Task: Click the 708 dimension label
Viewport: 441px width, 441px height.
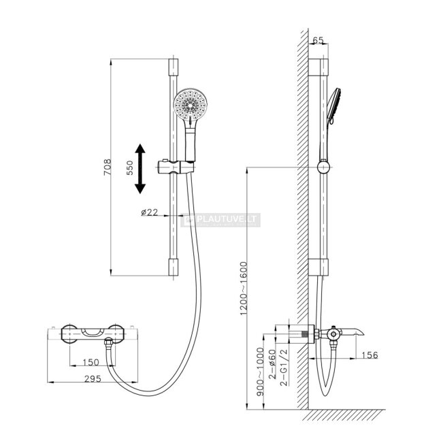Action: [x=108, y=167]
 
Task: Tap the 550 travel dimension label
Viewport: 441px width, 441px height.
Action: [x=130, y=168]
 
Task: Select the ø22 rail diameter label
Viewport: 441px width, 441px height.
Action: [x=149, y=212]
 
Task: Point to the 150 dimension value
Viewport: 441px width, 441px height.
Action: [x=91, y=362]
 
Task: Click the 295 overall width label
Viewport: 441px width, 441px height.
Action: [x=93, y=379]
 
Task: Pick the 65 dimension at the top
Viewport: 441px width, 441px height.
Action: [x=318, y=40]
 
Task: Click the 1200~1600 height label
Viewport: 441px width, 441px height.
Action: [x=244, y=289]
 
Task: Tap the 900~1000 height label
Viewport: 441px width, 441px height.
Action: [x=261, y=372]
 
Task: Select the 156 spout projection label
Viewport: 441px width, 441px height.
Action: [x=370, y=355]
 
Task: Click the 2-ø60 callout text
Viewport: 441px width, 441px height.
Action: [x=272, y=364]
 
